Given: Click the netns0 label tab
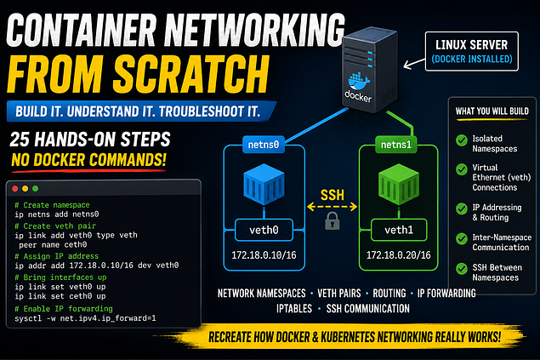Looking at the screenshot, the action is coord(264,145).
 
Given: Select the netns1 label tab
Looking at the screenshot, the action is coord(396,145).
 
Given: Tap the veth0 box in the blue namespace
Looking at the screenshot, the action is coord(264,230).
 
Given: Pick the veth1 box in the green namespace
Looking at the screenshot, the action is coord(399,230).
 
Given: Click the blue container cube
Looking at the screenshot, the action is coord(264,185).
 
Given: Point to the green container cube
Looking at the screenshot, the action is coord(399,185).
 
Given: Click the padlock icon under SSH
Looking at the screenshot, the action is coord(333,220).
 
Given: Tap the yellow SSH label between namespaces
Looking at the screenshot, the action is coord(333,196).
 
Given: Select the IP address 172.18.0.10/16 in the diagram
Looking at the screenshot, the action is coord(264,255).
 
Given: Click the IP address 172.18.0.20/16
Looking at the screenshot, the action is coord(399,255).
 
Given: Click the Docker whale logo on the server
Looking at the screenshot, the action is coord(359,82).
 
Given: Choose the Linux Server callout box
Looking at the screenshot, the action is coord(472,51).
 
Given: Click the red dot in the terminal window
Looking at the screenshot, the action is coord(14,188).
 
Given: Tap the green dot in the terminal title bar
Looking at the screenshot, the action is coord(35,188).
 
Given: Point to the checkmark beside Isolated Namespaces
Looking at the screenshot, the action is coord(462,140).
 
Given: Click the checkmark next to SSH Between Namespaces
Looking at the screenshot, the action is coord(462,269).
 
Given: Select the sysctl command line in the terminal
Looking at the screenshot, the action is coord(85,318).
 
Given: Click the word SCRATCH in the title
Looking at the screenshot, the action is coord(191,74).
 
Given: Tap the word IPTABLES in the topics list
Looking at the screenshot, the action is coord(294,309).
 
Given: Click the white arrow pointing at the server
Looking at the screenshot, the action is coord(414,64).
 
